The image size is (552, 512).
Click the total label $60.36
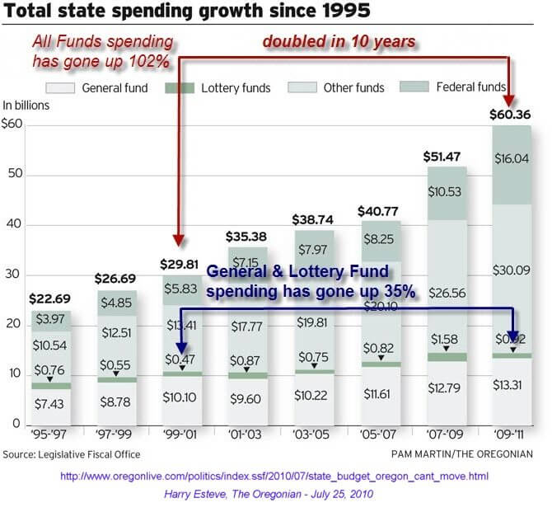click(511, 115)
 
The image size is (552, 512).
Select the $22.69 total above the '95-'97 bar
click(51, 298)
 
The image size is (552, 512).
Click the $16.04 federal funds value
click(511, 162)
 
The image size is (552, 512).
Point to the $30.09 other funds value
click(511, 268)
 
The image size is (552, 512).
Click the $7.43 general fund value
click(51, 403)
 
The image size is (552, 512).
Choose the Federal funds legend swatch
click(414, 87)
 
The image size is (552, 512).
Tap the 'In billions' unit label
click(26, 106)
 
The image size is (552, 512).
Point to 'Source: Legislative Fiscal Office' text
click(72, 454)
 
